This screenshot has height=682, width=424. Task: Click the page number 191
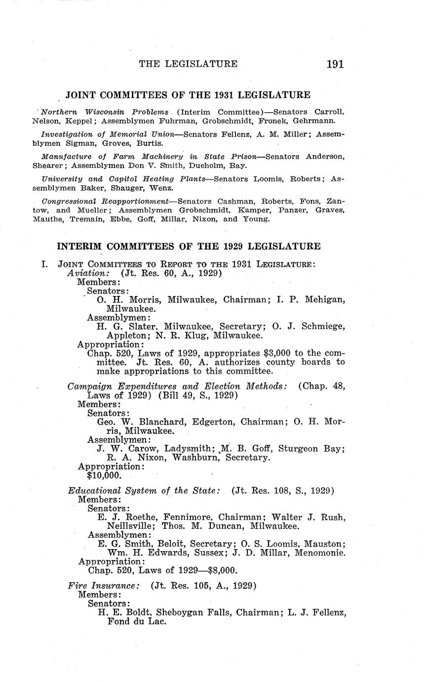tap(335, 64)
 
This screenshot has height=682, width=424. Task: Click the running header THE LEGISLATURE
tap(188, 64)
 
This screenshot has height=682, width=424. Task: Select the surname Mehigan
tap(322, 299)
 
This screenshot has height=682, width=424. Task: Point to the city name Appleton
tap(125, 335)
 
